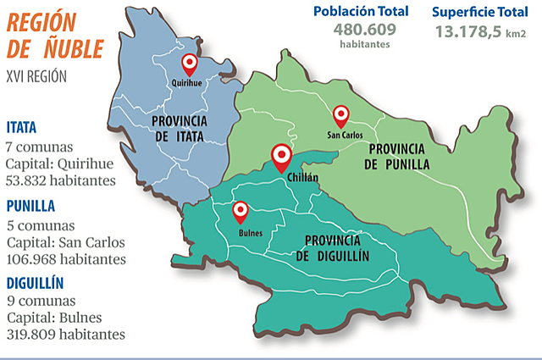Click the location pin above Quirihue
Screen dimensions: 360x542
191,63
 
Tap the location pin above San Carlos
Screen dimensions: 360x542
340,114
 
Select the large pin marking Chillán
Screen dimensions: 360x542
281,156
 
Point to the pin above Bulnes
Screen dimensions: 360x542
241,210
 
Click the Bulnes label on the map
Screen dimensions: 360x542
251,232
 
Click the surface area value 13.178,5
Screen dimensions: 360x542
468,32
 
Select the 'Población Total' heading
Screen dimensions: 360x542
360,11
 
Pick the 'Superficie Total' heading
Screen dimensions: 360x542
480,12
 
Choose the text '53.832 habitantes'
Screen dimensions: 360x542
60,180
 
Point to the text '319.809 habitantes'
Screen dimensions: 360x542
65,335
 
